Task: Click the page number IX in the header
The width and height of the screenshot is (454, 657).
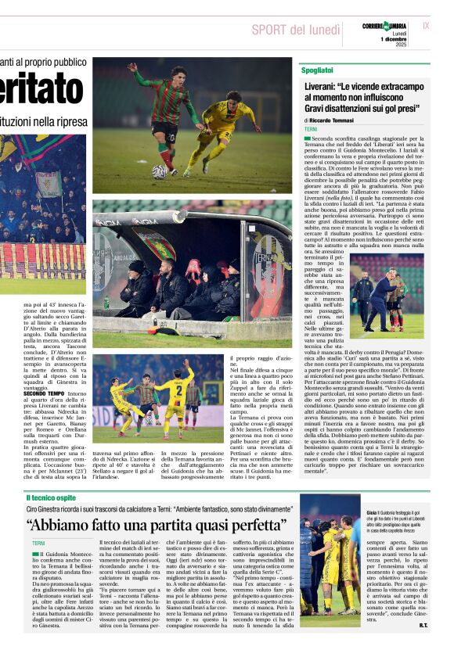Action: click(426, 26)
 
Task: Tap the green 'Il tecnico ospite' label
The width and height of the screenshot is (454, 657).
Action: click(52, 497)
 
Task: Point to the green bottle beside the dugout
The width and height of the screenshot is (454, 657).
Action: click(106, 302)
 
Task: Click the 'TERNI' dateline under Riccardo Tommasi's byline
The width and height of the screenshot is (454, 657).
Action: click(312, 129)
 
